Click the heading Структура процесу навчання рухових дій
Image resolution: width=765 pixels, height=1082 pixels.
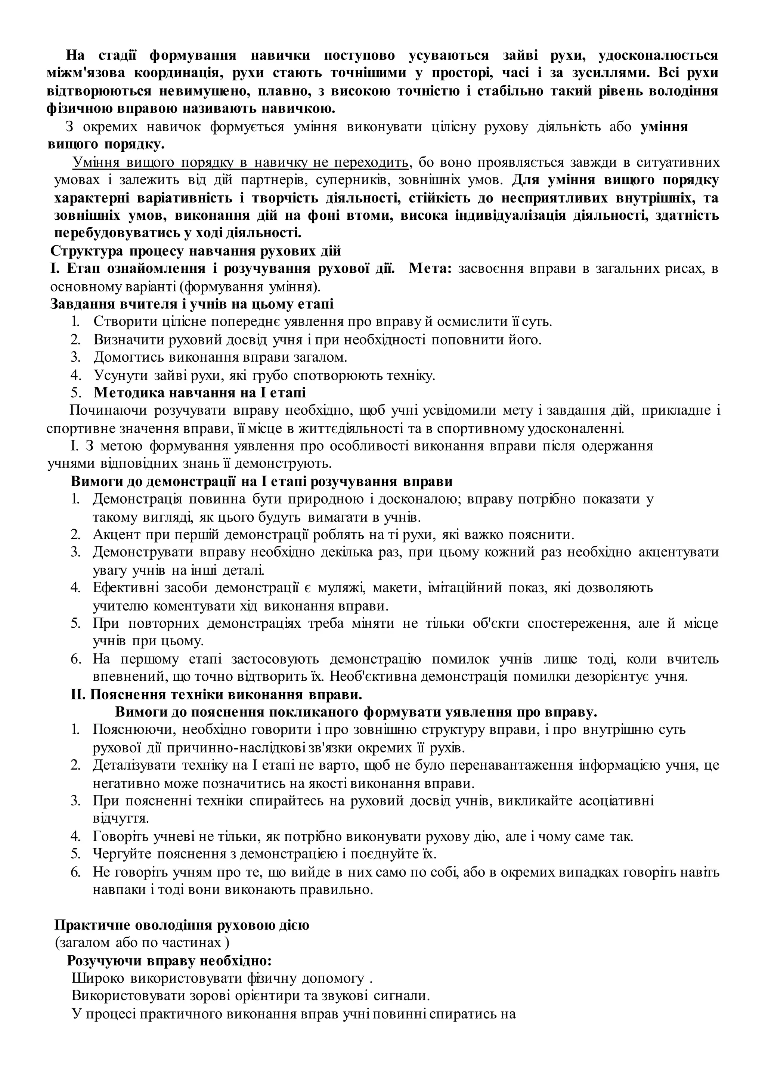[x=195, y=251]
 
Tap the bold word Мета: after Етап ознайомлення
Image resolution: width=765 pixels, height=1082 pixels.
[x=430, y=269]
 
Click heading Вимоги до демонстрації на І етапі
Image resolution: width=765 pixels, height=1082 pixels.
[x=261, y=482]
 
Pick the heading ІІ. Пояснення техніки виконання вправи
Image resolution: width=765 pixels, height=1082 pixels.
[x=216, y=695]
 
